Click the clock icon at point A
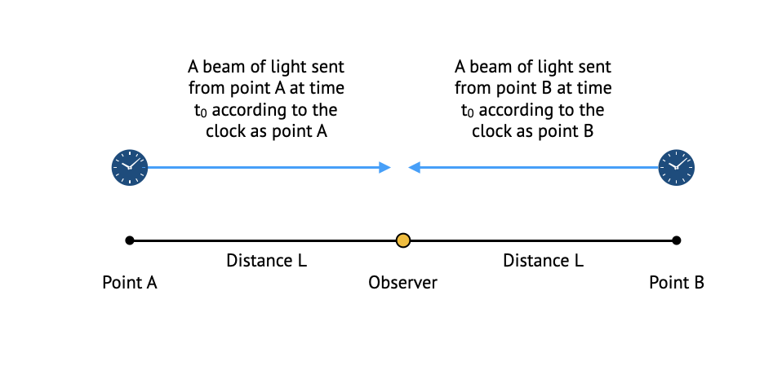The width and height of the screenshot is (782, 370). tap(129, 168)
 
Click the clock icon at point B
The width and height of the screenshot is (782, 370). tap(677, 168)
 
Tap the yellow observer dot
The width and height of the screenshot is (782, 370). tap(402, 240)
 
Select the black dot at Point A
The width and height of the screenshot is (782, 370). tap(129, 240)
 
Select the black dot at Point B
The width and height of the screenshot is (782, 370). tap(677, 240)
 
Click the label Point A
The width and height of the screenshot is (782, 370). tap(129, 283)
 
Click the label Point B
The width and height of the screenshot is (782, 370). tap(677, 283)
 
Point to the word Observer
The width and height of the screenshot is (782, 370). tap(402, 283)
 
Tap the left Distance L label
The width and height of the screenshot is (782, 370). tap(266, 261)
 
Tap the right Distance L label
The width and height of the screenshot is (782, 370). tap(543, 261)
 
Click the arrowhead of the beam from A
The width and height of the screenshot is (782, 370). tap(384, 168)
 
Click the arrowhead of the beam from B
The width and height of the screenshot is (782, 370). tap(415, 168)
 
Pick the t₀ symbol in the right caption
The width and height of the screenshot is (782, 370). tap(468, 111)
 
